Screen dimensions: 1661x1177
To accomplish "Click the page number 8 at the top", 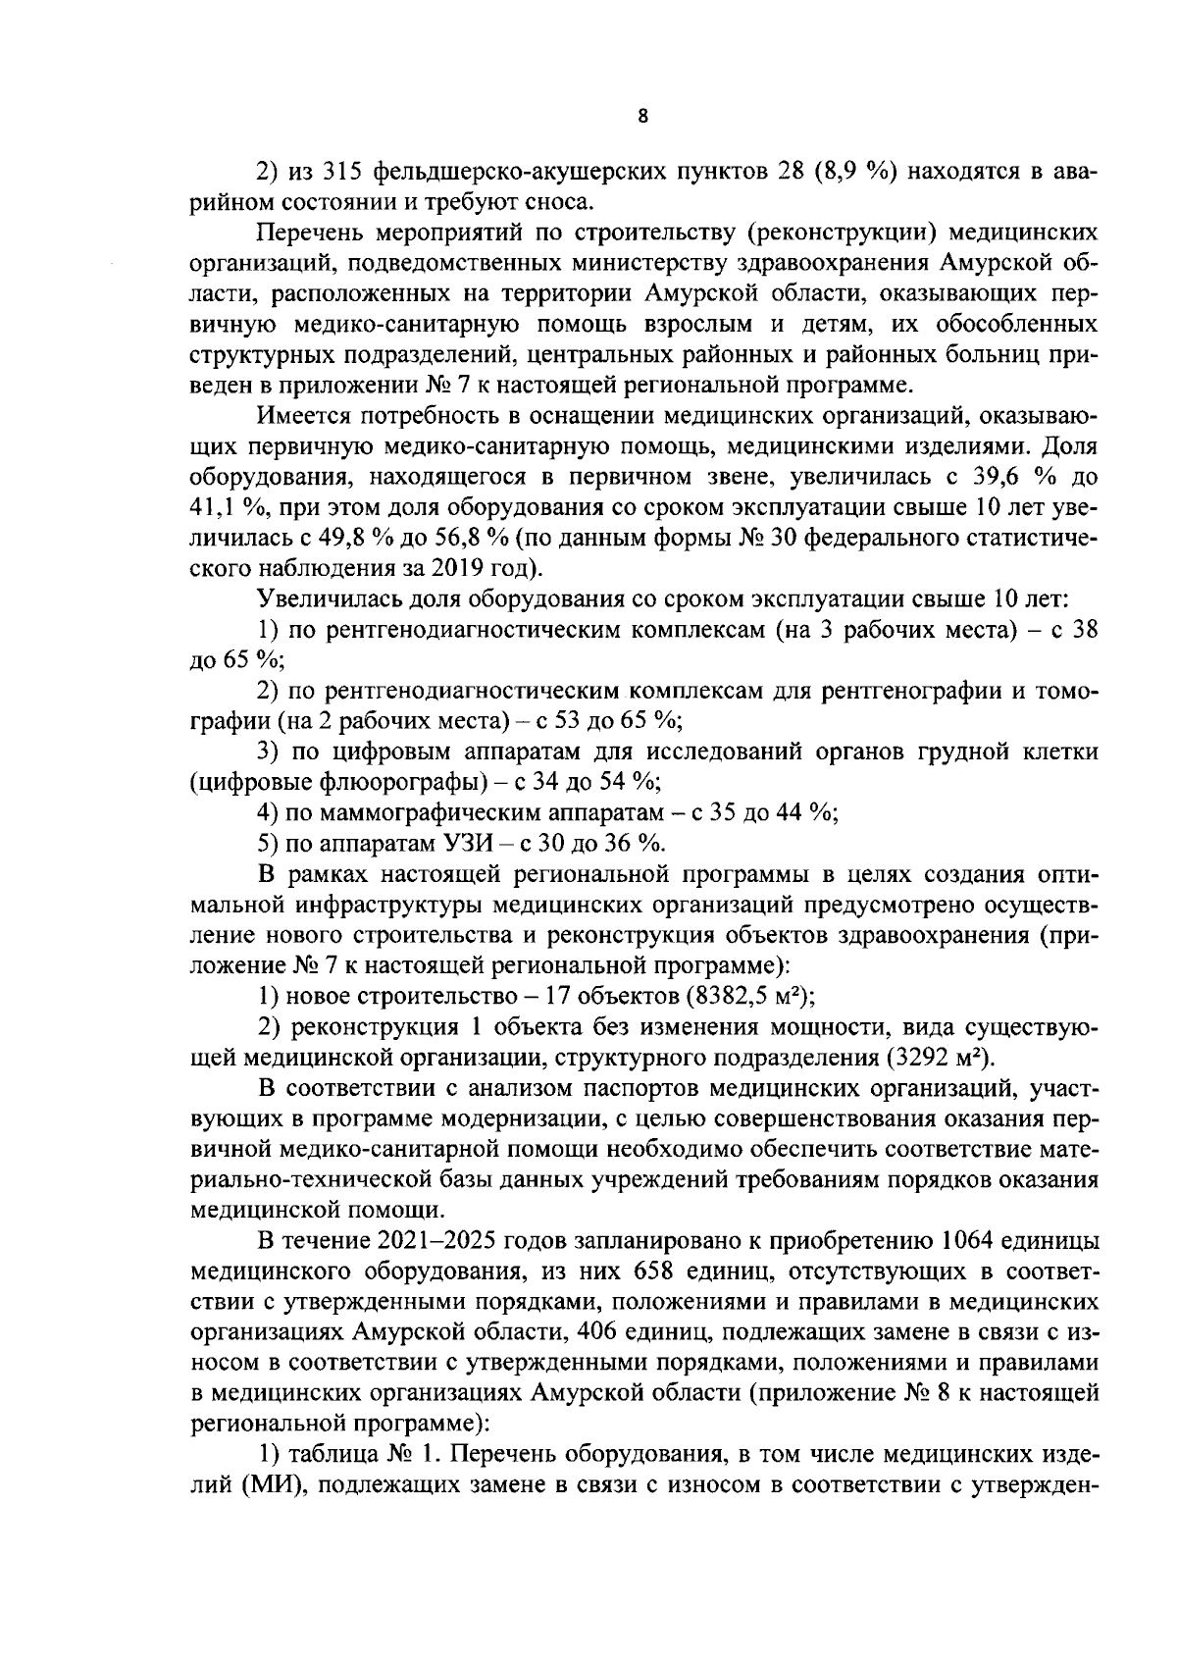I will point(642,116).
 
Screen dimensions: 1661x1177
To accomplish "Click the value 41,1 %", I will point(223,507).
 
